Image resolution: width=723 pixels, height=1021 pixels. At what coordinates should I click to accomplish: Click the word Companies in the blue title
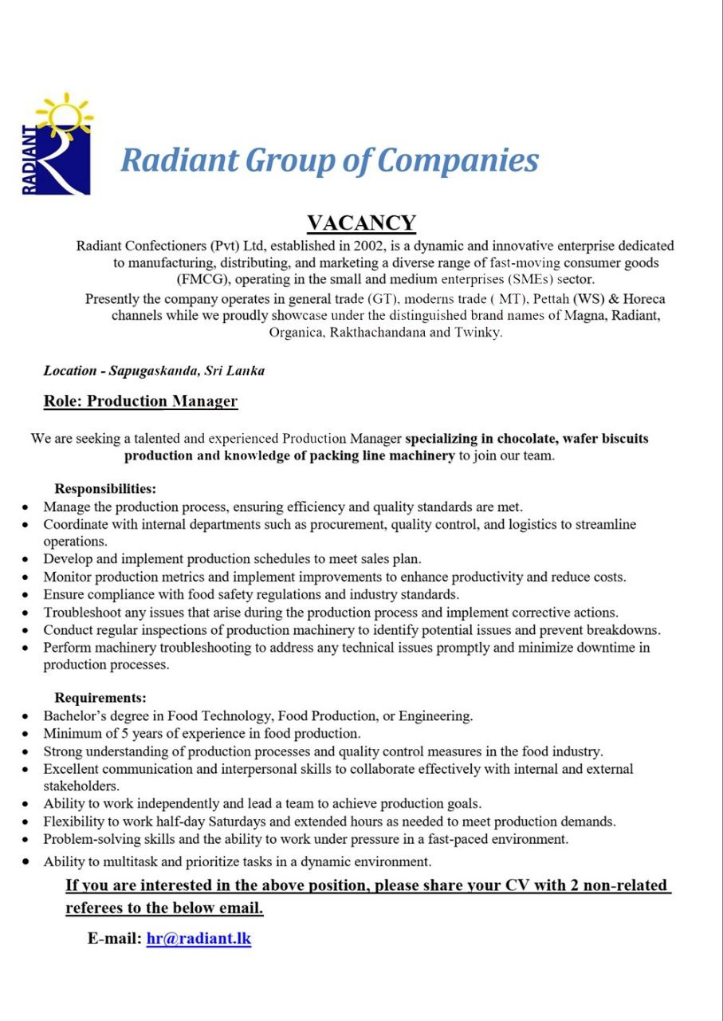[x=458, y=160]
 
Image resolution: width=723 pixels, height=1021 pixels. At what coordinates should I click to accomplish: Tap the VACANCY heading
[x=361, y=223]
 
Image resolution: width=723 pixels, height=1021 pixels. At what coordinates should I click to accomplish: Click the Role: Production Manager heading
[x=140, y=400]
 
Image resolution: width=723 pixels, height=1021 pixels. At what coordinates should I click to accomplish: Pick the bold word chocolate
[x=527, y=439]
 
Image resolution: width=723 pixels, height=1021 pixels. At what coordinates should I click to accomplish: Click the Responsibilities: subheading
[x=105, y=488]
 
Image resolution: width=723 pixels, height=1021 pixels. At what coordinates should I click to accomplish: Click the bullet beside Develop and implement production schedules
[x=26, y=559]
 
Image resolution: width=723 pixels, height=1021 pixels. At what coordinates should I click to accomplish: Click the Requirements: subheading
[x=100, y=698]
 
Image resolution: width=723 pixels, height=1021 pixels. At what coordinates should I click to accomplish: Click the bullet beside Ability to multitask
[x=26, y=862]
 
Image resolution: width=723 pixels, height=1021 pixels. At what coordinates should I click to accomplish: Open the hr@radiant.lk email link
[x=198, y=938]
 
